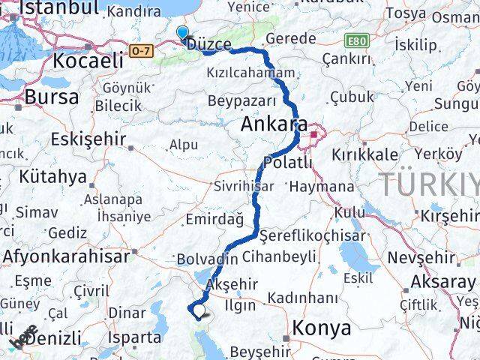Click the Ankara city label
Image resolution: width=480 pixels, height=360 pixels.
(274, 124)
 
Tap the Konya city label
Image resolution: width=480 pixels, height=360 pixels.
(322, 328)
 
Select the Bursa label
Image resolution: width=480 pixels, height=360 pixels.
(51, 96)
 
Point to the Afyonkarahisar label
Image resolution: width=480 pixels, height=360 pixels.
(66, 256)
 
